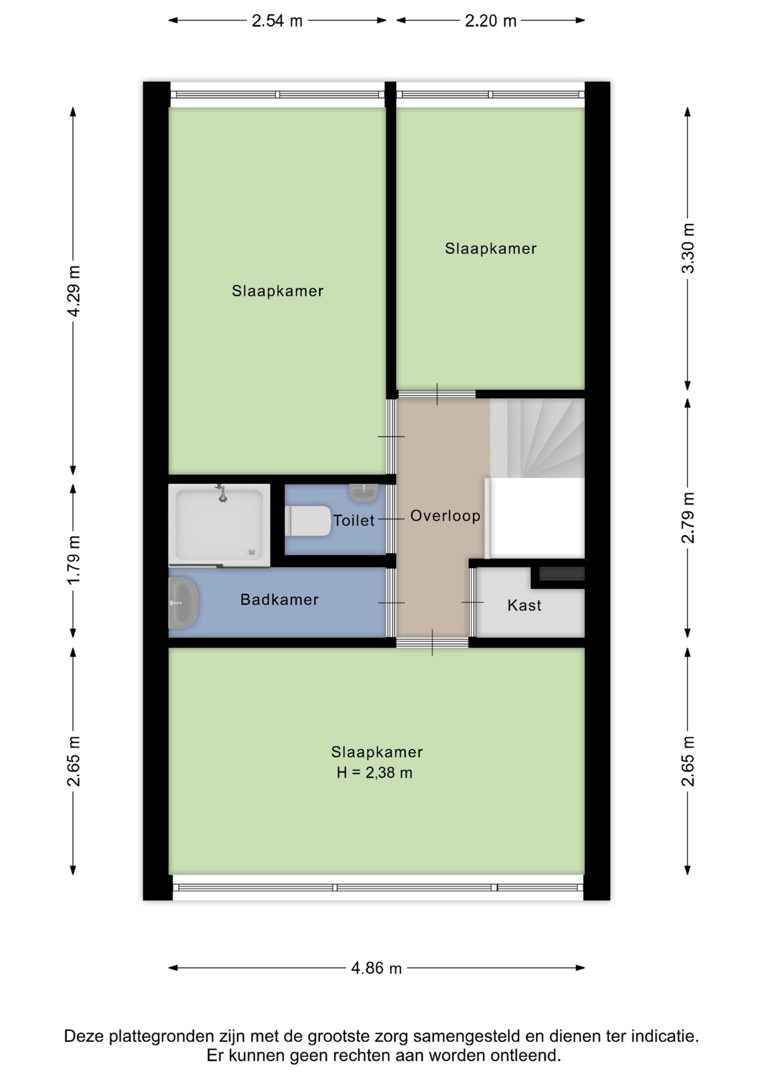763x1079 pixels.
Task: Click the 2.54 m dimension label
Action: point(277,21)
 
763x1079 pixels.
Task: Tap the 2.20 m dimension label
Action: point(490,21)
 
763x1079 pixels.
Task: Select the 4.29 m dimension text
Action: point(74,291)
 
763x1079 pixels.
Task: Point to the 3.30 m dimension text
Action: point(688,248)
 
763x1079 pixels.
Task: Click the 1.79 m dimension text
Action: point(74,560)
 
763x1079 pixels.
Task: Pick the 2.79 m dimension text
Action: point(688,518)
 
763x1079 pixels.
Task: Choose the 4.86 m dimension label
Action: point(376,968)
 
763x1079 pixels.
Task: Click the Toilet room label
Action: point(354,520)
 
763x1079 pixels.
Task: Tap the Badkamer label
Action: point(280,600)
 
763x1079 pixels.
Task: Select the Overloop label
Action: point(446,516)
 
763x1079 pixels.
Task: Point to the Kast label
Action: point(524,605)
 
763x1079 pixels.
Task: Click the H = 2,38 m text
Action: point(375,773)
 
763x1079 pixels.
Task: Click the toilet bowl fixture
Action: point(308,521)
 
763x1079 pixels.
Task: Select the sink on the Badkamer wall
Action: point(183,603)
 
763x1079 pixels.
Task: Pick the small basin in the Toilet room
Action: point(364,492)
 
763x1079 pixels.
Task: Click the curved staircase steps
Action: point(537,438)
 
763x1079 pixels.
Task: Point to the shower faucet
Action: point(222,493)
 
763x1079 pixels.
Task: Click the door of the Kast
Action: point(473,602)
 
